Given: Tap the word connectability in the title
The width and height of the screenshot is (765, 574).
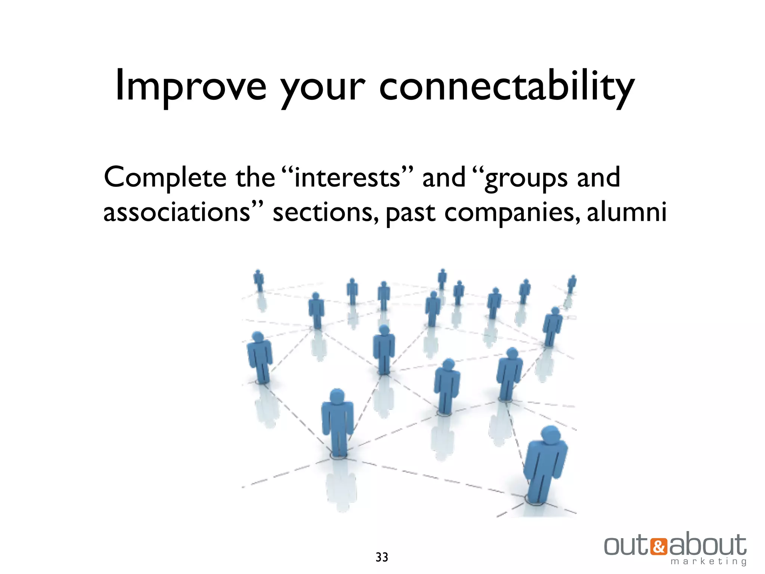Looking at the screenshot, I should click(x=506, y=87).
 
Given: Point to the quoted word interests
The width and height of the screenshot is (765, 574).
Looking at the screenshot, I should click(x=347, y=177).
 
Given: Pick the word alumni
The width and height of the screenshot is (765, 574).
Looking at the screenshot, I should click(x=626, y=212).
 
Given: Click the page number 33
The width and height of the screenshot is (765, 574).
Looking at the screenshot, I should click(x=382, y=557).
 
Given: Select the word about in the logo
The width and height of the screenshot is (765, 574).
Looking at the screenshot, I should click(x=707, y=545).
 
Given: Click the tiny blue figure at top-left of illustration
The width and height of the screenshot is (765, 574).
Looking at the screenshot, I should click(x=258, y=280).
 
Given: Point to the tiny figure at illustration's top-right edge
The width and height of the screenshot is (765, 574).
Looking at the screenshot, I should click(x=572, y=284).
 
